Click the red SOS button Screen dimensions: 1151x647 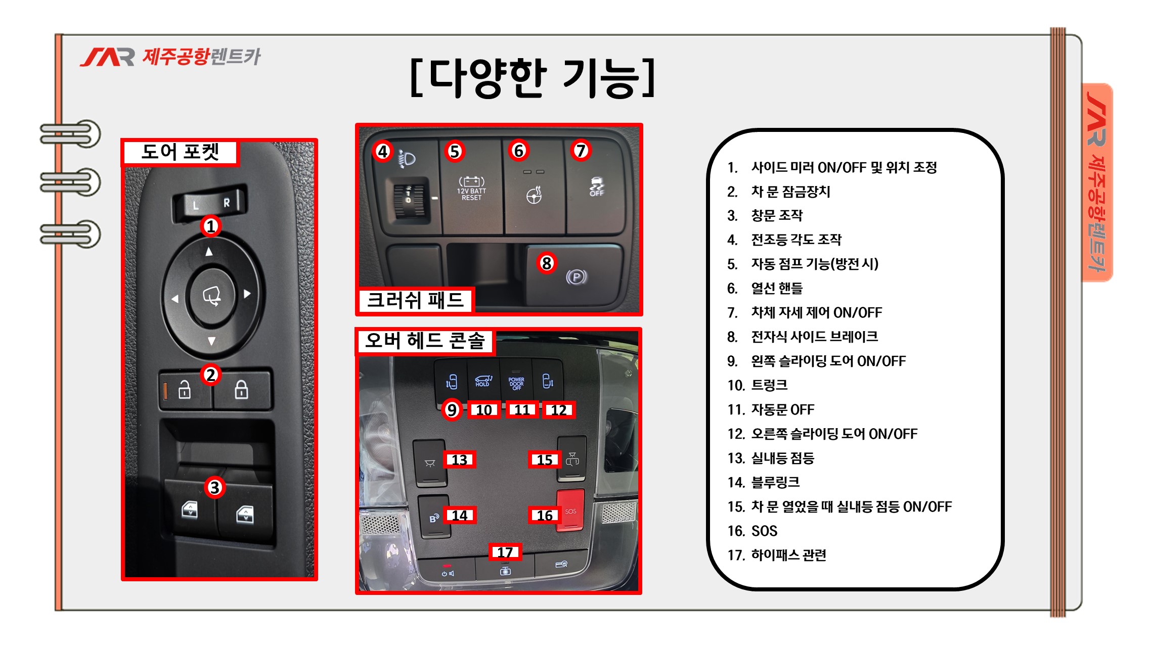[570, 511]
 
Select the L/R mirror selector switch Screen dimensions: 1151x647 [210, 203]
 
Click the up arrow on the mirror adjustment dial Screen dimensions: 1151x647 [209, 251]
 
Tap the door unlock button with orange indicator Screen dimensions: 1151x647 [185, 390]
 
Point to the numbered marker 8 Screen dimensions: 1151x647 [546, 263]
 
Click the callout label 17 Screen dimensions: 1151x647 [505, 552]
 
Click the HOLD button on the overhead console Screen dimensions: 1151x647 [483, 381]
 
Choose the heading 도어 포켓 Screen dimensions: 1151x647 [180, 152]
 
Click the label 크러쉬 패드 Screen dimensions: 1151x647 [415, 300]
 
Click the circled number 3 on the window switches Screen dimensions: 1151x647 [214, 487]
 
